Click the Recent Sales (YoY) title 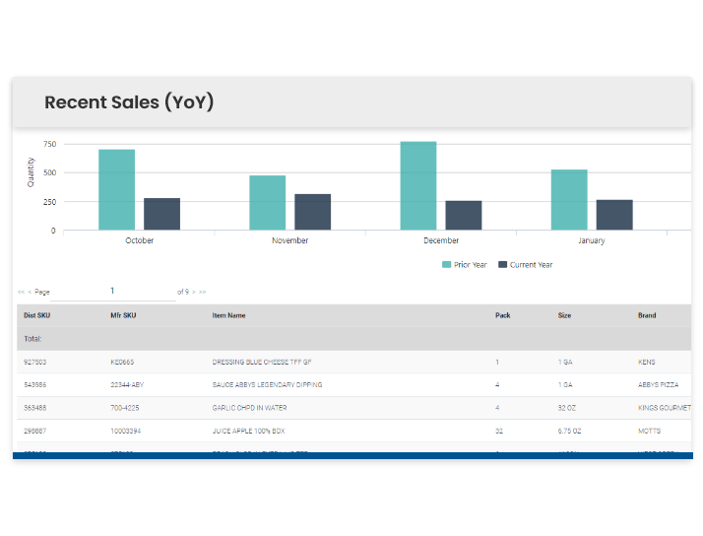click(x=129, y=102)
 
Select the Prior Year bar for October click(x=116, y=190)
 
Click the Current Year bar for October click(x=161, y=214)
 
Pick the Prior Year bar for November click(x=267, y=203)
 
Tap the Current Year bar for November click(x=312, y=212)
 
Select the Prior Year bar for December click(x=417, y=186)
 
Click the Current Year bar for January click(x=614, y=215)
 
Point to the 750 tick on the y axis click(x=49, y=145)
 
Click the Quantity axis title click(x=31, y=172)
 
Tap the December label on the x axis click(x=441, y=240)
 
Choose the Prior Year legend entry click(x=465, y=265)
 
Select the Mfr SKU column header click(x=123, y=315)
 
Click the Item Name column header click(x=228, y=315)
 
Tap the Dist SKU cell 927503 click(x=36, y=363)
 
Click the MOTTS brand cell click(x=649, y=431)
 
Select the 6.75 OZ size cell click(x=571, y=431)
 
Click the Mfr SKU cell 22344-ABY click(x=128, y=385)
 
